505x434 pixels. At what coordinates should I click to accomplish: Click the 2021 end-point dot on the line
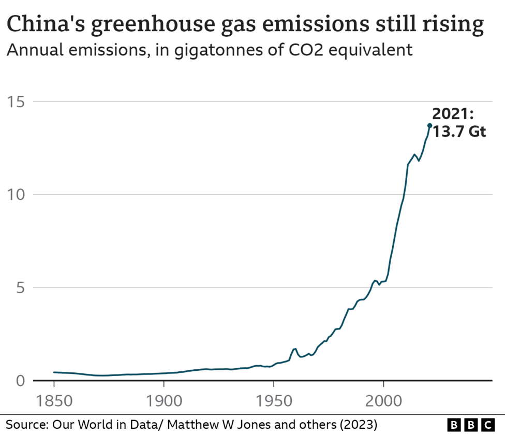pyautogui.click(x=429, y=125)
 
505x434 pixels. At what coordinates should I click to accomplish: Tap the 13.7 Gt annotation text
pyautogui.click(x=459, y=132)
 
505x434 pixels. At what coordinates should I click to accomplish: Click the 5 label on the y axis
pyautogui.click(x=21, y=287)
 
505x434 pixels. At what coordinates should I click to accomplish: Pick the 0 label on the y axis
pyautogui.click(x=21, y=381)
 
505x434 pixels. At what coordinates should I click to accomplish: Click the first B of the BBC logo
pyautogui.click(x=453, y=425)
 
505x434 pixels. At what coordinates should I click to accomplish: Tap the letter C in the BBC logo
pyautogui.click(x=487, y=425)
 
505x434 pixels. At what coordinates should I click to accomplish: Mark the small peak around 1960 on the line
pyautogui.click(x=294, y=349)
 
